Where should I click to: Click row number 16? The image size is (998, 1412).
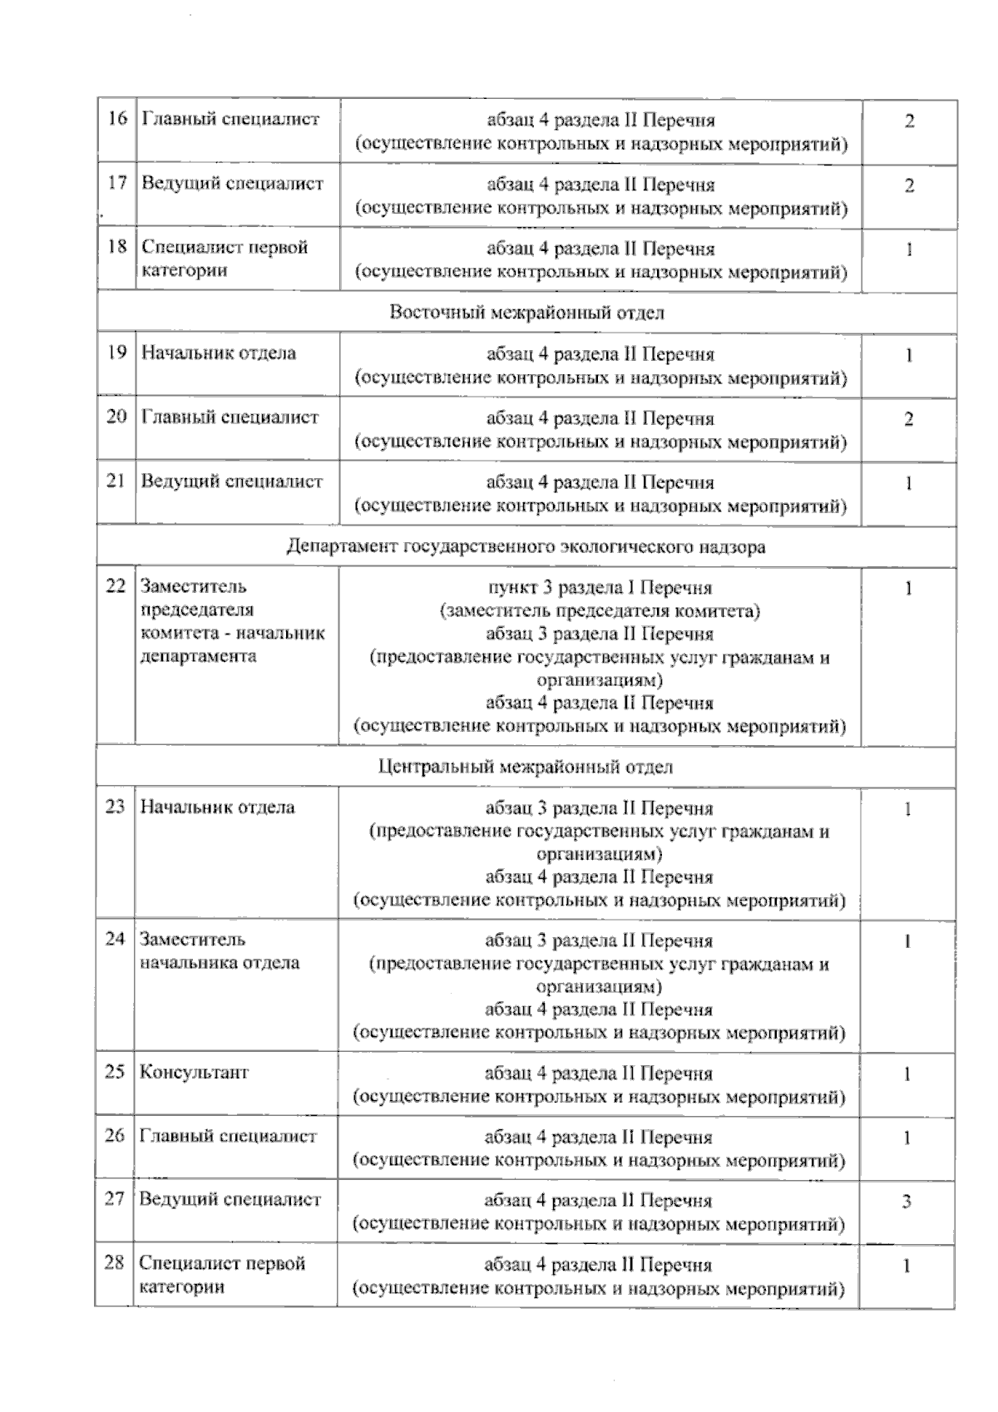click(117, 118)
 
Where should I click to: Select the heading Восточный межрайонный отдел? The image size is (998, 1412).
click(526, 313)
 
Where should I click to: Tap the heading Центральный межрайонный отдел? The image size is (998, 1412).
click(525, 767)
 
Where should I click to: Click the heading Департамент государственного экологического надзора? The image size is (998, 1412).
click(526, 547)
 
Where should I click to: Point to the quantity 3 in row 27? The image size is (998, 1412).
click(907, 1202)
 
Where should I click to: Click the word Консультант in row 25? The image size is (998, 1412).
click(194, 1072)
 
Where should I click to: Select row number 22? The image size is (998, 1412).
click(115, 586)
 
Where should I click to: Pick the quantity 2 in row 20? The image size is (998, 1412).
click(909, 419)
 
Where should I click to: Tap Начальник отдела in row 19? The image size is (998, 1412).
click(218, 353)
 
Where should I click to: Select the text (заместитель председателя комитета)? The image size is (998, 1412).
click(600, 611)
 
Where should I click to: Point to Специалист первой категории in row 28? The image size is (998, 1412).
click(222, 1275)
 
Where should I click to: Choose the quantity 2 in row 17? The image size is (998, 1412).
click(909, 185)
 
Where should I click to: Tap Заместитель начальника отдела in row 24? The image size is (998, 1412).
click(220, 950)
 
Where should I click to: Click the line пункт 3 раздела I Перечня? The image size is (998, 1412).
click(600, 588)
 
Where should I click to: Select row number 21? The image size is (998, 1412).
click(116, 481)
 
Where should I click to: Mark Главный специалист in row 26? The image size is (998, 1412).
click(228, 1136)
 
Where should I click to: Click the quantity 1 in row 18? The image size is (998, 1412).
click(909, 249)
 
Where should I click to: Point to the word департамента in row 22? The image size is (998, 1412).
click(198, 655)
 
